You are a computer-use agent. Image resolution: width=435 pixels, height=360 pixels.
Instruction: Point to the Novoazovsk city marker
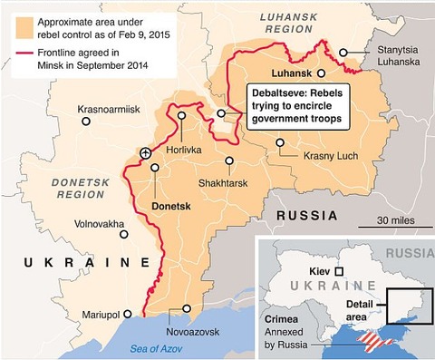click(188, 309)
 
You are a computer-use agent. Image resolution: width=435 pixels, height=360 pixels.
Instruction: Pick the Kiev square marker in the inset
click(339, 271)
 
